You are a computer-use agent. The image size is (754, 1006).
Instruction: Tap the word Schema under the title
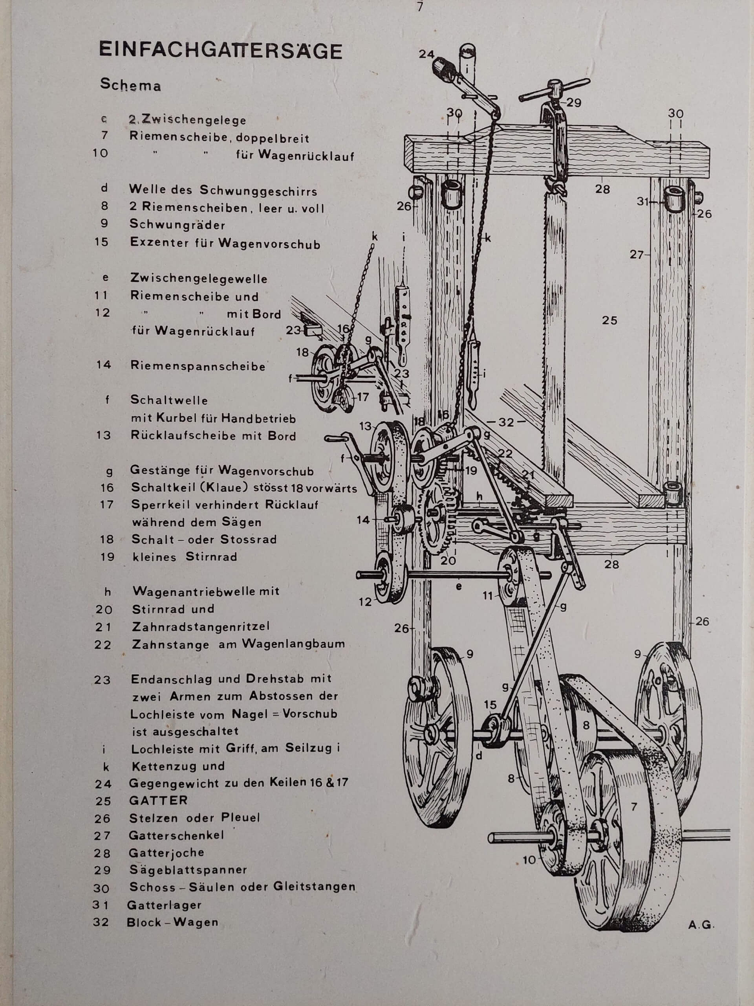pyautogui.click(x=130, y=85)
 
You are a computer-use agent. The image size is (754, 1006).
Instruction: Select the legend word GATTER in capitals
pyautogui.click(x=158, y=800)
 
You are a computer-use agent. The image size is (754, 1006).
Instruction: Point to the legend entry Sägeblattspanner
pyautogui.click(x=188, y=870)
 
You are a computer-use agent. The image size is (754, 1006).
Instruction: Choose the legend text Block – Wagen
pyautogui.click(x=173, y=922)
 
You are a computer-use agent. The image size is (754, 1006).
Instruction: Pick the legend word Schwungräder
pyautogui.click(x=177, y=225)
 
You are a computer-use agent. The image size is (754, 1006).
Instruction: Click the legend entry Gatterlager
pyautogui.click(x=164, y=905)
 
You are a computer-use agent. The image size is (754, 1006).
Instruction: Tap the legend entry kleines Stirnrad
pyautogui.click(x=185, y=557)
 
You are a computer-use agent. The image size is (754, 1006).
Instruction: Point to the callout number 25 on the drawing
pyautogui.click(x=609, y=321)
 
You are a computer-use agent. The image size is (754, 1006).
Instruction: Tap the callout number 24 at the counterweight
pyautogui.click(x=426, y=54)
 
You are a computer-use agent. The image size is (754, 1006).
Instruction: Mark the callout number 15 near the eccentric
pyautogui.click(x=490, y=705)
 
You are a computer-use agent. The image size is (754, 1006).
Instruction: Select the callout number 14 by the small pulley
pyautogui.click(x=363, y=520)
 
